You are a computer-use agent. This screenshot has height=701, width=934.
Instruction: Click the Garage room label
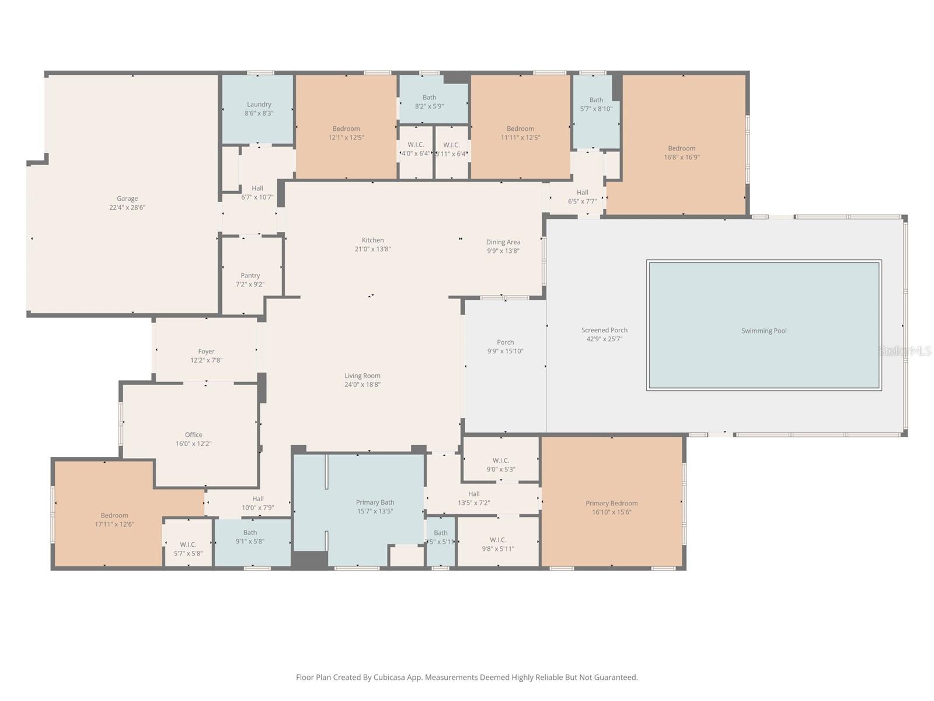[x=127, y=199]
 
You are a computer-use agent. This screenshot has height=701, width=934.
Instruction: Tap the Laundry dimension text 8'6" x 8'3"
[x=259, y=113]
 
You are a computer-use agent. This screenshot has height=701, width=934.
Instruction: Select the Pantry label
[x=250, y=275]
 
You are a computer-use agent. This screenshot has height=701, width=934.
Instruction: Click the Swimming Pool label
[x=764, y=331]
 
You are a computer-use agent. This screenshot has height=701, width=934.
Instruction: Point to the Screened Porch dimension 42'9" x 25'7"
[x=604, y=339]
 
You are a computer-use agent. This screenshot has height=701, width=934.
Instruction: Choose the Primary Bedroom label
[x=611, y=503]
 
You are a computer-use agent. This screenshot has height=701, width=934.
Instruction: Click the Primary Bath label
[x=375, y=502]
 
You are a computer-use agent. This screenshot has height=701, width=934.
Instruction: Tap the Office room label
[x=193, y=435]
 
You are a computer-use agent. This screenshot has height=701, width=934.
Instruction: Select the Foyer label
[x=206, y=352]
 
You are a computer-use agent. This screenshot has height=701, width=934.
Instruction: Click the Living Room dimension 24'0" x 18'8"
[x=362, y=384]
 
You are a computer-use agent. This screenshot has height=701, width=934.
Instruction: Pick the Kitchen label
[x=372, y=240]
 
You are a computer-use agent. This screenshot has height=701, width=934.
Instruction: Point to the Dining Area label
[x=503, y=242]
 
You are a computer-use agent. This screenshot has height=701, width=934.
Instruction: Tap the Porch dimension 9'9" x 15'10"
[x=505, y=351]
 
